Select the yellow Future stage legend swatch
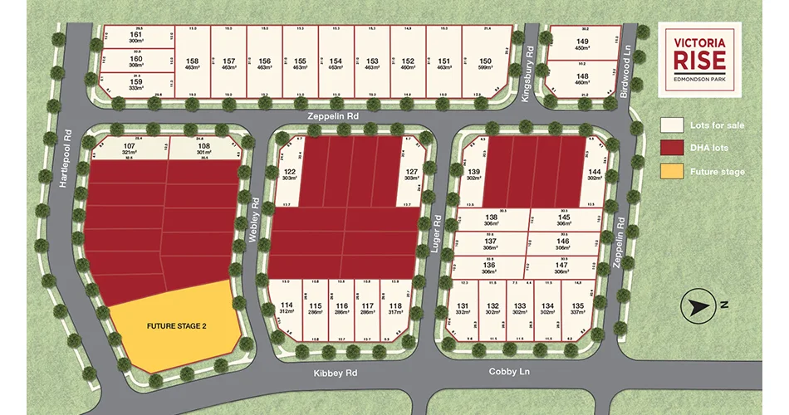pyautogui.click(x=673, y=172)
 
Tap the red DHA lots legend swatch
pyautogui.click(x=673, y=149)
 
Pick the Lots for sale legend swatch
pyautogui.click(x=673, y=125)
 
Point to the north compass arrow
pyautogui.click(x=696, y=306)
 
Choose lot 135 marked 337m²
pyautogui.click(x=577, y=309)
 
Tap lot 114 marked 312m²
pyautogui.click(x=287, y=309)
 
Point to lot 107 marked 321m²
pyautogui.click(x=130, y=149)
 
